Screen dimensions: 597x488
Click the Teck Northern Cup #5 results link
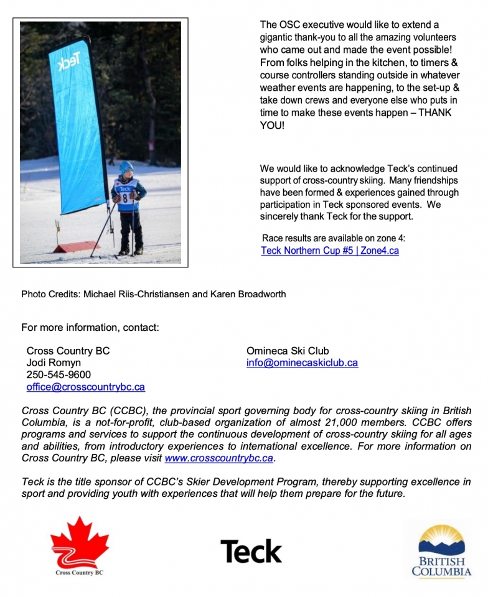[330, 251]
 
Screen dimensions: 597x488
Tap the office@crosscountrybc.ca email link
[86, 387]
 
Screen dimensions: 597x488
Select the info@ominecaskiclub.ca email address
[302, 363]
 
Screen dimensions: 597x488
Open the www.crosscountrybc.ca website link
[219, 458]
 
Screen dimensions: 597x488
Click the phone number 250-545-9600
[59, 374]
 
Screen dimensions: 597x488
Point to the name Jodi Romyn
[54, 363]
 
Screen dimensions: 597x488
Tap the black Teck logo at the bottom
[251, 551]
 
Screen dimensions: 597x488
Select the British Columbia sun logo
[441, 541]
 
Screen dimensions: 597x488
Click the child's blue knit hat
[126, 167]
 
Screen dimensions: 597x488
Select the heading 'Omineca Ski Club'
[288, 351]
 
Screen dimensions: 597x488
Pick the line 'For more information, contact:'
[90, 327]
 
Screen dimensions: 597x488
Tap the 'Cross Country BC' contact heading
[68, 351]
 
